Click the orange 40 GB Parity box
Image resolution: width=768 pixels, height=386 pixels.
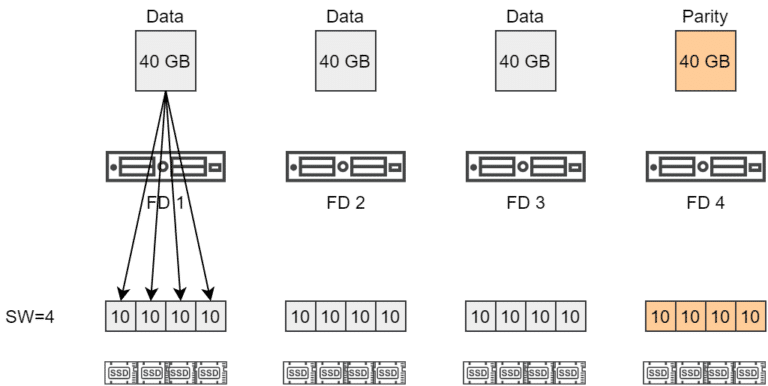(705, 61)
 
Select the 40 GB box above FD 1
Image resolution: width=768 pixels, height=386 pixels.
(164, 61)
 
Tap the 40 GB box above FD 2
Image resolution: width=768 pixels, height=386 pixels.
(344, 61)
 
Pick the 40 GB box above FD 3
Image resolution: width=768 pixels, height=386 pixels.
(524, 61)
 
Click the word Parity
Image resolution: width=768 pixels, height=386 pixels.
(705, 16)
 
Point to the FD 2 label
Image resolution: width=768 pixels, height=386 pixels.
(344, 202)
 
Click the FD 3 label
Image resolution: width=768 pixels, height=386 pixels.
(524, 202)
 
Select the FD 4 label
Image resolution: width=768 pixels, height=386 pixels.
(705, 202)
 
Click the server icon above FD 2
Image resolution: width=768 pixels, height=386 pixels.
(344, 166)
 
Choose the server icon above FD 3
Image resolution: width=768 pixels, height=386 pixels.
(524, 166)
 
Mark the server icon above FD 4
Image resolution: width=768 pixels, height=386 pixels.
(705, 166)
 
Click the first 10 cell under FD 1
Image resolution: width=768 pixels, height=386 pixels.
(120, 317)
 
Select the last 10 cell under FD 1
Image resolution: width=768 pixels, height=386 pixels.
(208, 317)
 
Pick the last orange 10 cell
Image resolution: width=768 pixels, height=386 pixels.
(749, 317)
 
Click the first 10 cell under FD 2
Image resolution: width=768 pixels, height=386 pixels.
(300, 317)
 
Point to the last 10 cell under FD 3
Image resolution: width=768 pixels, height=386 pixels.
(568, 317)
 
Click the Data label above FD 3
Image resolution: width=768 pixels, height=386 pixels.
(524, 16)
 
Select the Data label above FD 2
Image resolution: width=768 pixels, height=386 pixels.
(344, 16)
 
